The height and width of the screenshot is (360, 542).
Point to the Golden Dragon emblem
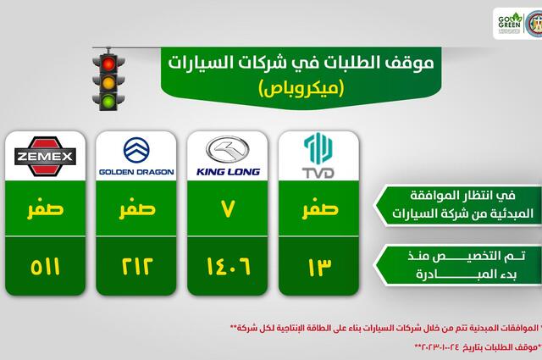click(x=135, y=151)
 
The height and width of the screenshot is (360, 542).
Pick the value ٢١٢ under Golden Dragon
click(x=136, y=269)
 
